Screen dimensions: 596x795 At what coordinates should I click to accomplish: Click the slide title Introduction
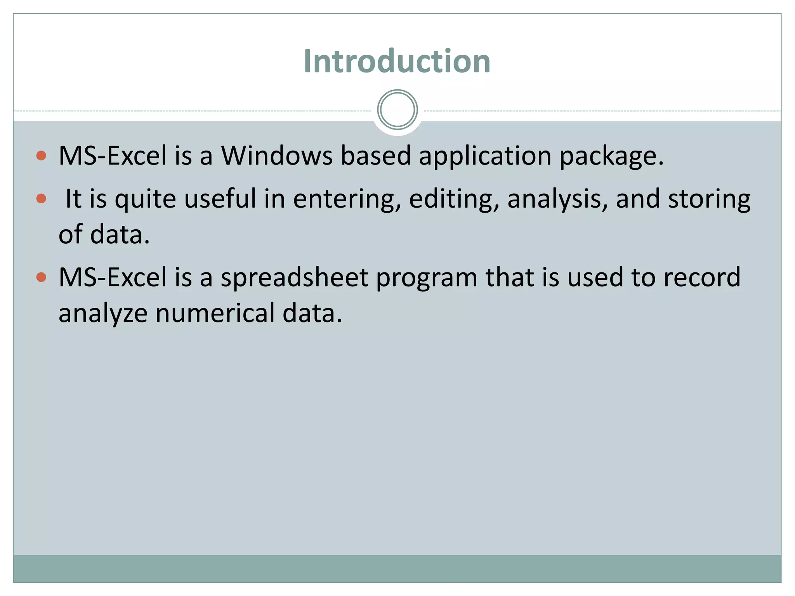pyautogui.click(x=397, y=61)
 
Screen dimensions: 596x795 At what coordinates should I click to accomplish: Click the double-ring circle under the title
pyautogui.click(x=397, y=110)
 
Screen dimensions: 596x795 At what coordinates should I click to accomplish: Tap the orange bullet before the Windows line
pyautogui.click(x=41, y=156)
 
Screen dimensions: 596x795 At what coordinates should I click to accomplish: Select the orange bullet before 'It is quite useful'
pyautogui.click(x=41, y=199)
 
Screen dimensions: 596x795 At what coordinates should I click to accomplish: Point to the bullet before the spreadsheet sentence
pyautogui.click(x=41, y=277)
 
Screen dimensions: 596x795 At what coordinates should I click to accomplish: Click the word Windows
pyautogui.click(x=276, y=156)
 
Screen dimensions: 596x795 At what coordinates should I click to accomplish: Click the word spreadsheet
pyautogui.click(x=294, y=278)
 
